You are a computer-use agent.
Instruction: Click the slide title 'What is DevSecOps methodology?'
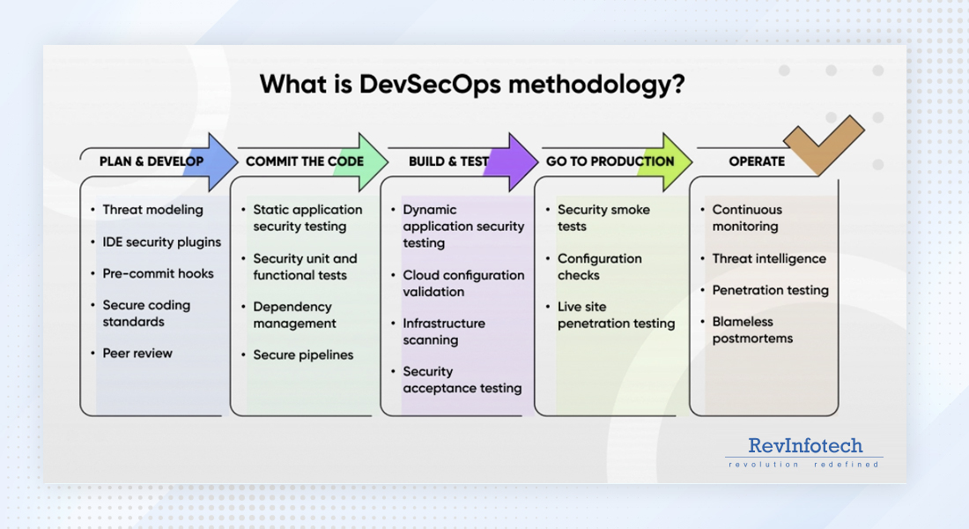tap(472, 85)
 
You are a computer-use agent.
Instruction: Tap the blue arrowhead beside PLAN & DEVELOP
tap(214, 161)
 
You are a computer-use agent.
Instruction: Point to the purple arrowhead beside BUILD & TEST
tap(515, 161)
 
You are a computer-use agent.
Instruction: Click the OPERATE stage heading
tap(757, 161)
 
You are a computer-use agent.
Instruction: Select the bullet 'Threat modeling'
tap(152, 210)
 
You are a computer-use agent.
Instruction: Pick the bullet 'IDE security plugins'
tap(161, 242)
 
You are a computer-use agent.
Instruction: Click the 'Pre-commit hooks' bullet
tap(158, 273)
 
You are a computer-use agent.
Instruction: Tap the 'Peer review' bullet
tap(137, 354)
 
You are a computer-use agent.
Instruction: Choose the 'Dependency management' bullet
tap(294, 315)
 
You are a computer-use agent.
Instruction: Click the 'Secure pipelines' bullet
tap(303, 355)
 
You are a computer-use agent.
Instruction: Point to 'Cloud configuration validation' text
tap(463, 283)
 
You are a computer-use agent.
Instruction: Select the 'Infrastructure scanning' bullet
tap(443, 332)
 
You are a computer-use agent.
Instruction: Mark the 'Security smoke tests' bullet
tap(603, 218)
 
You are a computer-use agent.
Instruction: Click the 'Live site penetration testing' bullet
tap(616, 315)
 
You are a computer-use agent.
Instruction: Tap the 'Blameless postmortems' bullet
tap(752, 330)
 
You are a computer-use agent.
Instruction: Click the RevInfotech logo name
tap(805, 445)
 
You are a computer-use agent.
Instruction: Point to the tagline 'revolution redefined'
tap(803, 464)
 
